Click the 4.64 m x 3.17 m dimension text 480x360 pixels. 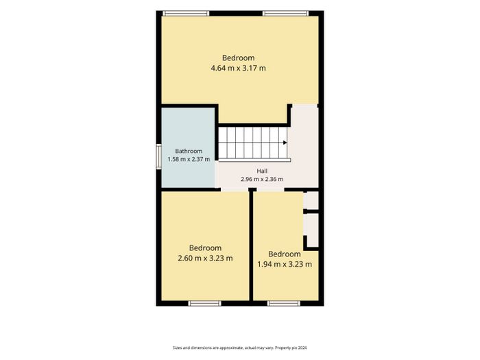point(238,68)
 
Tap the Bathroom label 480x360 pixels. point(189,151)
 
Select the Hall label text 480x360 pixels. point(262,171)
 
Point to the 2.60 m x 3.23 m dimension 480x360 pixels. point(205,258)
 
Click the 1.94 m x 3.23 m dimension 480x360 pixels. point(285,264)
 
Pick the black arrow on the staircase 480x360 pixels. point(285,143)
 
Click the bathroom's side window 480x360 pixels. point(158,156)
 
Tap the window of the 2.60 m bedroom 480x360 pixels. point(204,303)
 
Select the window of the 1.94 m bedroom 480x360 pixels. point(283,303)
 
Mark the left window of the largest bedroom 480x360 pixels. point(186,13)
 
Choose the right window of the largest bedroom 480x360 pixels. point(286,13)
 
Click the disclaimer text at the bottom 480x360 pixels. point(240,348)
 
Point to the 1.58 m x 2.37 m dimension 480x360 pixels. point(189,159)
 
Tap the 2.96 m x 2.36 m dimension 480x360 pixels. point(262,179)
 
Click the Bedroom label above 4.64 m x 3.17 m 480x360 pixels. point(238,58)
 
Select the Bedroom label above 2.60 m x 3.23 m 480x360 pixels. point(205,248)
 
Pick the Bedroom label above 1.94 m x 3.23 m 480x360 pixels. point(285,254)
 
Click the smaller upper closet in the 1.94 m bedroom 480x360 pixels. point(311,200)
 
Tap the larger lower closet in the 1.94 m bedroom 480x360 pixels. point(312,230)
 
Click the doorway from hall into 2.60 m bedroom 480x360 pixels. point(235,190)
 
